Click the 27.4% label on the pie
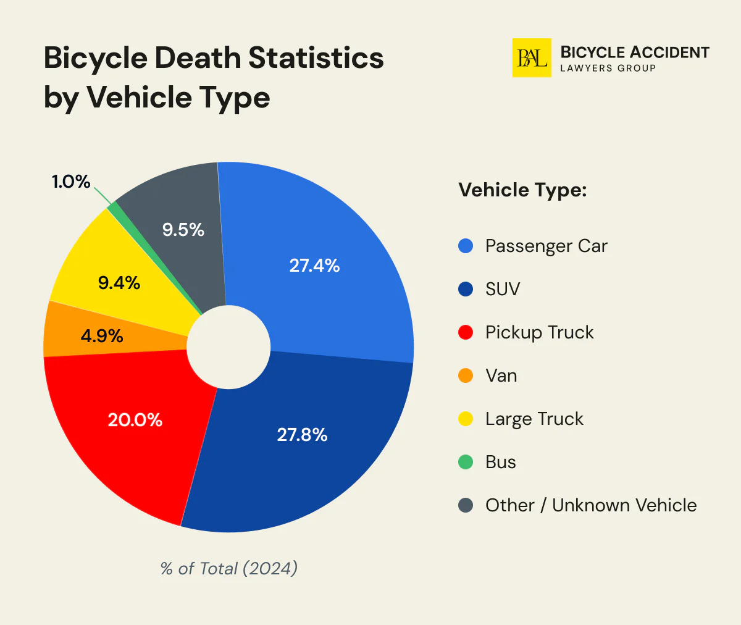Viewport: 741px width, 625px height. tap(314, 266)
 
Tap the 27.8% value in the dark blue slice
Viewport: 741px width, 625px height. tap(302, 435)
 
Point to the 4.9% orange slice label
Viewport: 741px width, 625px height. tap(102, 336)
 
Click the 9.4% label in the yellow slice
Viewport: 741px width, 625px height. tap(119, 283)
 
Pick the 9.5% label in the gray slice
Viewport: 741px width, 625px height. tap(183, 230)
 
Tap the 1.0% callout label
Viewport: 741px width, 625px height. tap(70, 182)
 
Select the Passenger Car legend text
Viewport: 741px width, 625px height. tap(546, 246)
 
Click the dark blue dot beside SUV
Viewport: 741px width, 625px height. tap(466, 289)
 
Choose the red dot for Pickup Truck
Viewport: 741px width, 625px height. tap(466, 332)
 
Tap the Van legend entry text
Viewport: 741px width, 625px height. tap(501, 375)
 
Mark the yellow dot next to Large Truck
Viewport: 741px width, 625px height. tap(466, 419)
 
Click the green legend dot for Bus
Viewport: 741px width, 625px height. tap(466, 462)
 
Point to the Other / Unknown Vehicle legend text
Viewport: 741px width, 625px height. tap(590, 505)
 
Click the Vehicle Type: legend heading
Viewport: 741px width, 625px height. tap(522, 190)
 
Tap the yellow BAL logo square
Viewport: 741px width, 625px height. tap(532, 58)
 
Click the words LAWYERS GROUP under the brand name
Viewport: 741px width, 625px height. tap(608, 69)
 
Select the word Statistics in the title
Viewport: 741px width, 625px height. tap(316, 58)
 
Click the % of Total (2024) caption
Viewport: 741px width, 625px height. tap(229, 568)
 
